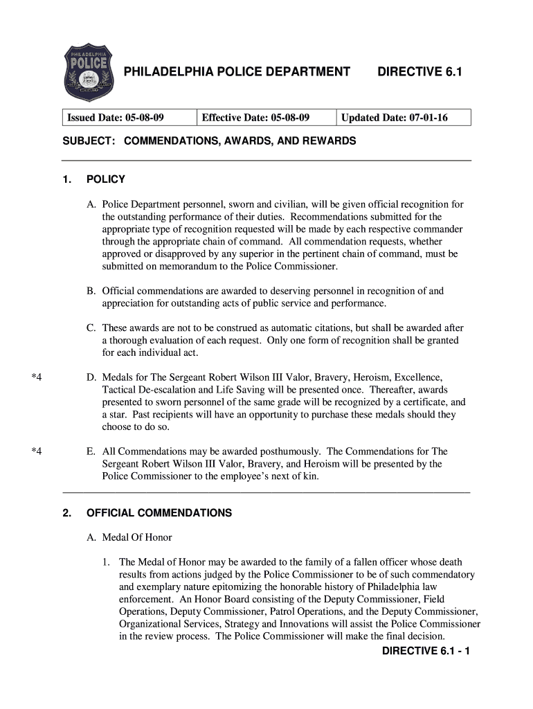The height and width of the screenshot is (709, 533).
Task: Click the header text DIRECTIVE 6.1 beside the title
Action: [419, 72]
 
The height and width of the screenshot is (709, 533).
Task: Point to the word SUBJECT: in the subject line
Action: [89, 141]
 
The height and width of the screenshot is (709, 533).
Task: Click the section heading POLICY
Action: [106, 180]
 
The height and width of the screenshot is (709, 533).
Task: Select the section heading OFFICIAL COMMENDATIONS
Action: [159, 514]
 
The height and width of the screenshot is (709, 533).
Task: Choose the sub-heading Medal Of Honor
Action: [137, 538]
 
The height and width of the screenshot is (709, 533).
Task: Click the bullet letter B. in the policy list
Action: [91, 291]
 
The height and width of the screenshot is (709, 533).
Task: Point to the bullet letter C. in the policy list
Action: [91, 327]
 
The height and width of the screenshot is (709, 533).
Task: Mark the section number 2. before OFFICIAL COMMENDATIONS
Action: [67, 514]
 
